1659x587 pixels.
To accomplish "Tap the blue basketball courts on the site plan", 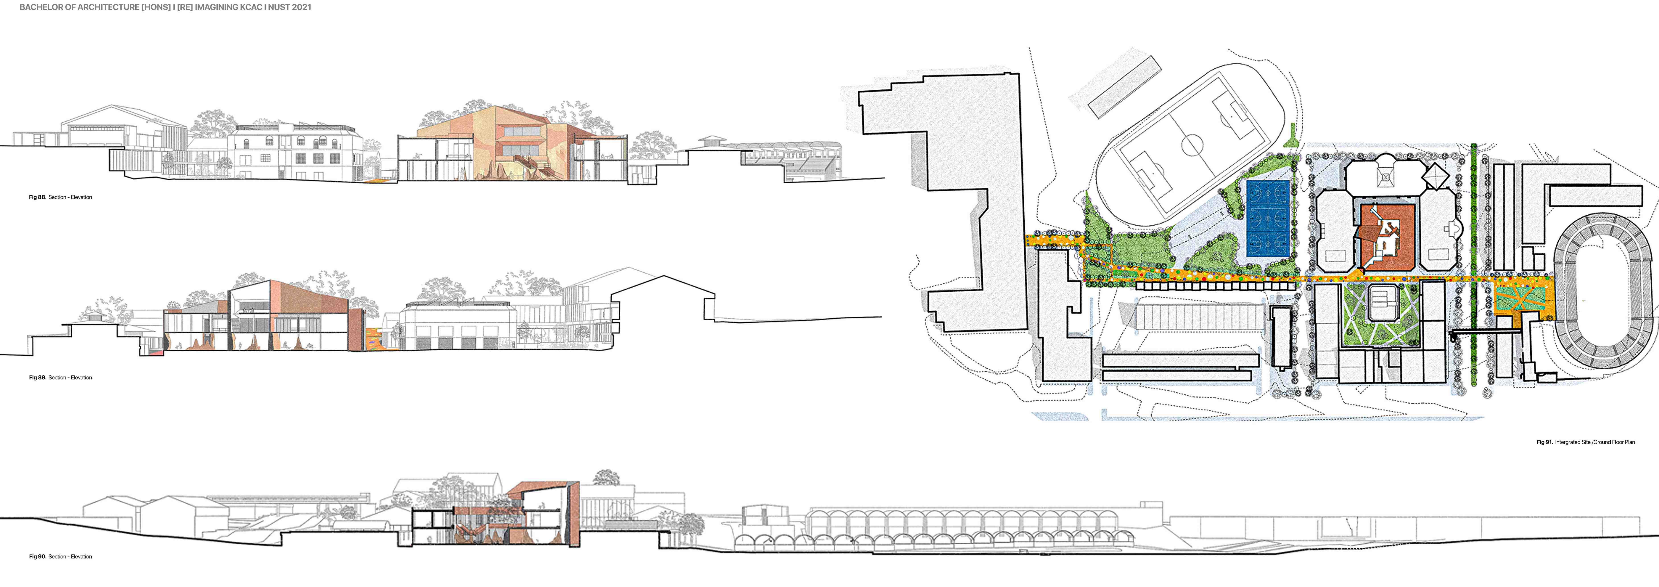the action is pos(1267,219).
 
